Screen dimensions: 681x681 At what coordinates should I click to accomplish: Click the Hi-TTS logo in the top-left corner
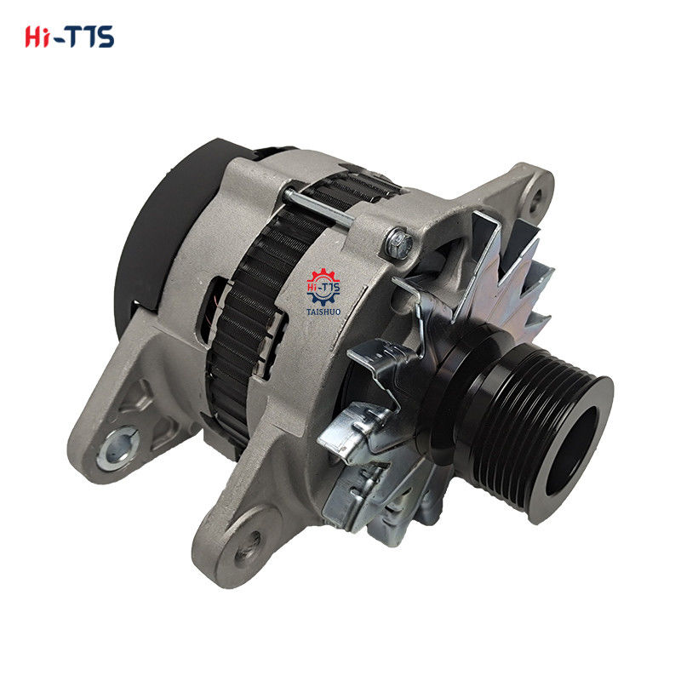point(70,37)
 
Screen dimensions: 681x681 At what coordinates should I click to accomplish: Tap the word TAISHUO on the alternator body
point(323,312)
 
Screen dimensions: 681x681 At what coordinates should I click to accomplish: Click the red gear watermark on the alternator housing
point(323,286)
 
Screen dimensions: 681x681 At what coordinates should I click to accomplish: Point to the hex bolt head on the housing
point(398,244)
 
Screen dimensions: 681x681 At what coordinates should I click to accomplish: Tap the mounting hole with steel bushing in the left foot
point(117,449)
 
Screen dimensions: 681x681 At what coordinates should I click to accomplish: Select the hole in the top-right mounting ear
point(535,198)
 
